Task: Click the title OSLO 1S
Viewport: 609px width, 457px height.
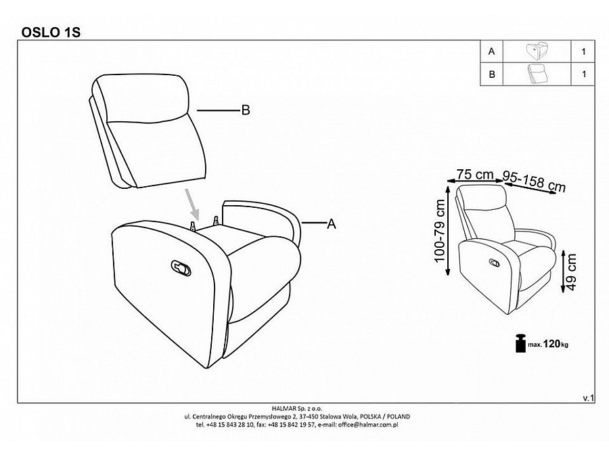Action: click(x=51, y=32)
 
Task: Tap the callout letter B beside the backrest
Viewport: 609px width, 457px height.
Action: click(x=246, y=110)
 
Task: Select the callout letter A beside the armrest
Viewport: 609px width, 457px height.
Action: click(x=332, y=224)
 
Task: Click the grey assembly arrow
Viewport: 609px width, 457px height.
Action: click(x=193, y=204)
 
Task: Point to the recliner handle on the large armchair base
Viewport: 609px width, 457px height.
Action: click(x=181, y=268)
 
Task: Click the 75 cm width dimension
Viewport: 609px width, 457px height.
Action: click(x=474, y=175)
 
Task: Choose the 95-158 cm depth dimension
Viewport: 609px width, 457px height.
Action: click(x=534, y=181)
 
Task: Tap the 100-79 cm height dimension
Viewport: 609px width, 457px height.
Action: click(x=440, y=231)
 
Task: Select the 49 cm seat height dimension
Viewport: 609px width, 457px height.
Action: click(x=571, y=271)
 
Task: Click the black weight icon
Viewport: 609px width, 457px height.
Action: click(x=520, y=343)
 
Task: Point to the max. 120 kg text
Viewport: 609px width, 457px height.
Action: click(x=547, y=344)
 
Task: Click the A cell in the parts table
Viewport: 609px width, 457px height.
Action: click(x=492, y=51)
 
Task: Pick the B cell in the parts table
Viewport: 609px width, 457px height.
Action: click(x=492, y=74)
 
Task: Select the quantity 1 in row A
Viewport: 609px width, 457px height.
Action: click(x=583, y=51)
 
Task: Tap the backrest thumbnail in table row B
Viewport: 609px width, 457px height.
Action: click(x=537, y=74)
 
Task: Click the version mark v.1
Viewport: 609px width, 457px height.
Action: click(x=589, y=398)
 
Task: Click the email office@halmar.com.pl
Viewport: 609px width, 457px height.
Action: click(x=368, y=425)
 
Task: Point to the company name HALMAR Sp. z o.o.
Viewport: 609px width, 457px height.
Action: click(x=297, y=408)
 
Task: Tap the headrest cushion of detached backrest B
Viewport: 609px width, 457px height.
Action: click(x=143, y=98)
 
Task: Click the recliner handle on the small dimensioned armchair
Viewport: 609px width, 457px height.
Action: click(x=495, y=263)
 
